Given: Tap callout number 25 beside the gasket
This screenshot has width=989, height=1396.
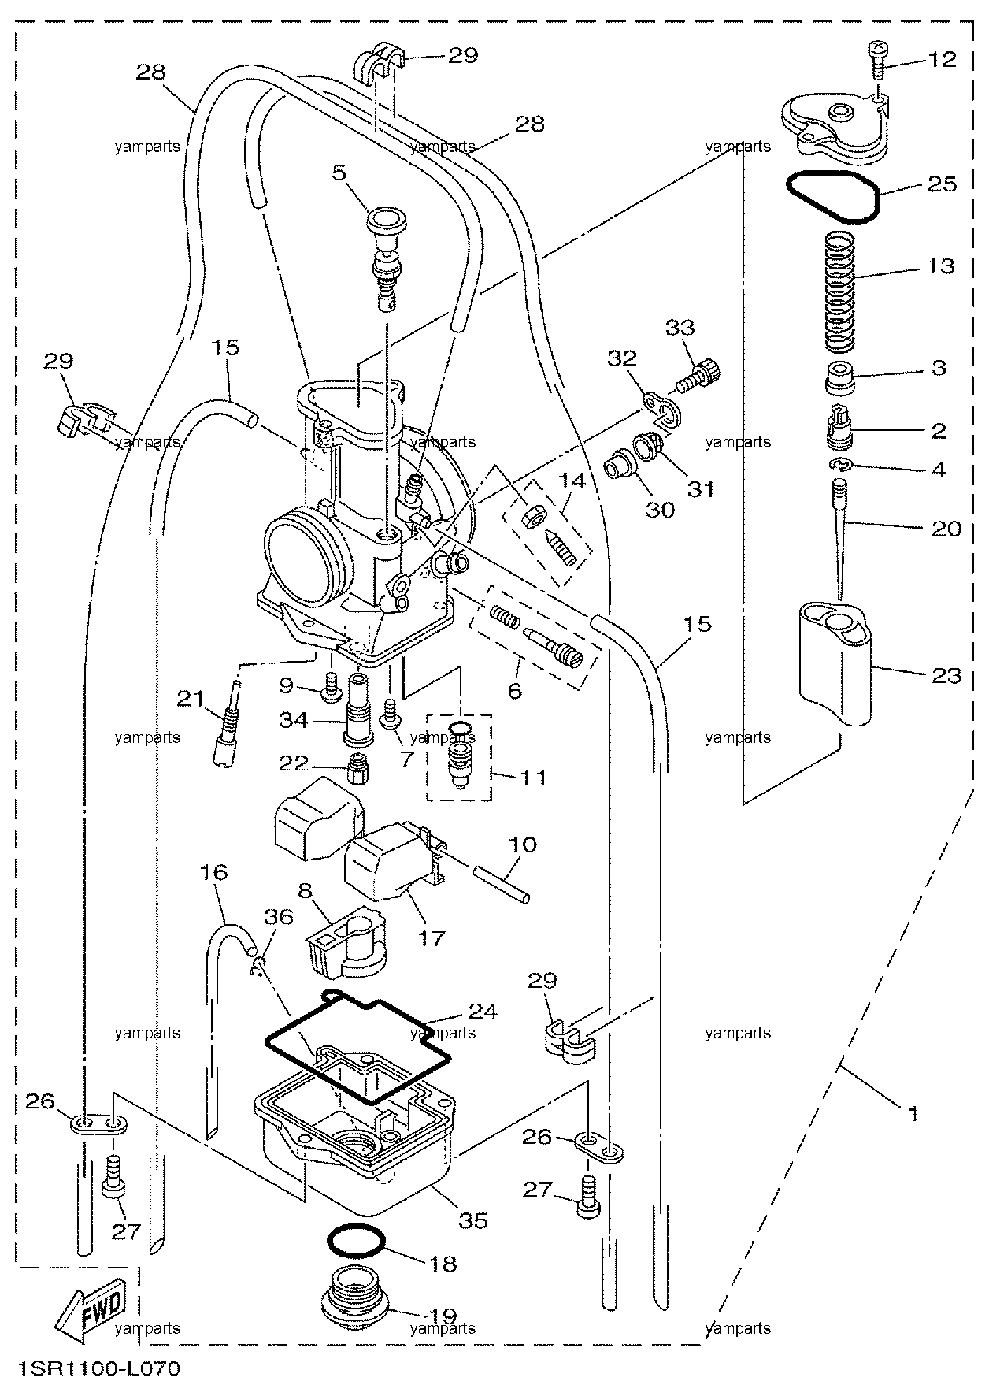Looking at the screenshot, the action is coord(942,184).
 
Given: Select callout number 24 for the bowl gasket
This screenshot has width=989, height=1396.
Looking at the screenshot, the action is coord(483,1011).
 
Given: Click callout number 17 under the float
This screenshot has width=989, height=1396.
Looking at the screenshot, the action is coord(432,937).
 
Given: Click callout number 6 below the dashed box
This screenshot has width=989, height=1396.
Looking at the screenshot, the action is coord(514,691).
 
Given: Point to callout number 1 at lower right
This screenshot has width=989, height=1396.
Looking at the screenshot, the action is coord(913,1115).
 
